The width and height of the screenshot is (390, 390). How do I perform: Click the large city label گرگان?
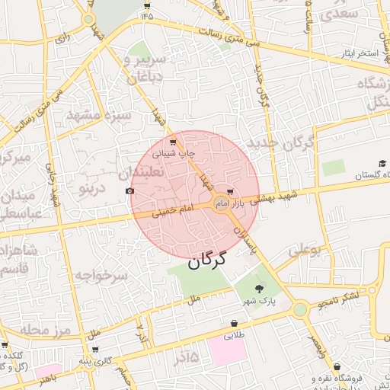click(206, 261)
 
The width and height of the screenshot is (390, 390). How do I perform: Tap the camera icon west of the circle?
click(129, 190)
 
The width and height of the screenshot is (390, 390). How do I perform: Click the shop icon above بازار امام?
click(230, 193)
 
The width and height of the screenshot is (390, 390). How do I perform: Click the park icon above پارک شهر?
click(260, 288)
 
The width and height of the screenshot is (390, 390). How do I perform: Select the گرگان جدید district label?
click(281, 142)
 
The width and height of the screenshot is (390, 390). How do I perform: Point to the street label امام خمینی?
click(171, 213)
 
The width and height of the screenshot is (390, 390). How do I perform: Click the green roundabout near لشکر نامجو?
click(299, 308)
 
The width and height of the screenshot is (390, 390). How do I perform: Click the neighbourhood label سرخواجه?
click(100, 276)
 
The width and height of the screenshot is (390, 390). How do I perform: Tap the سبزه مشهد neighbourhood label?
click(100, 116)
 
